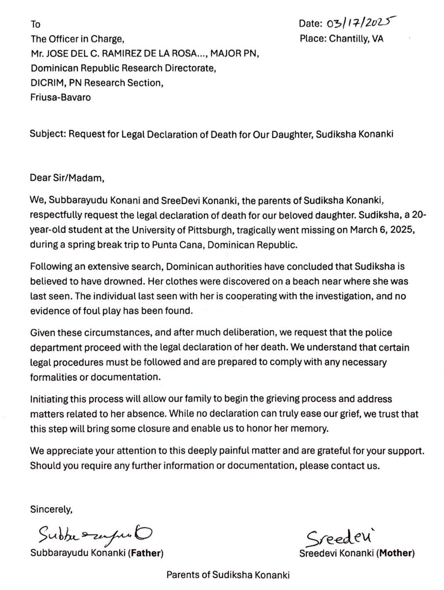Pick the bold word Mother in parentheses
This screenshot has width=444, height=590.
[398, 553]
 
